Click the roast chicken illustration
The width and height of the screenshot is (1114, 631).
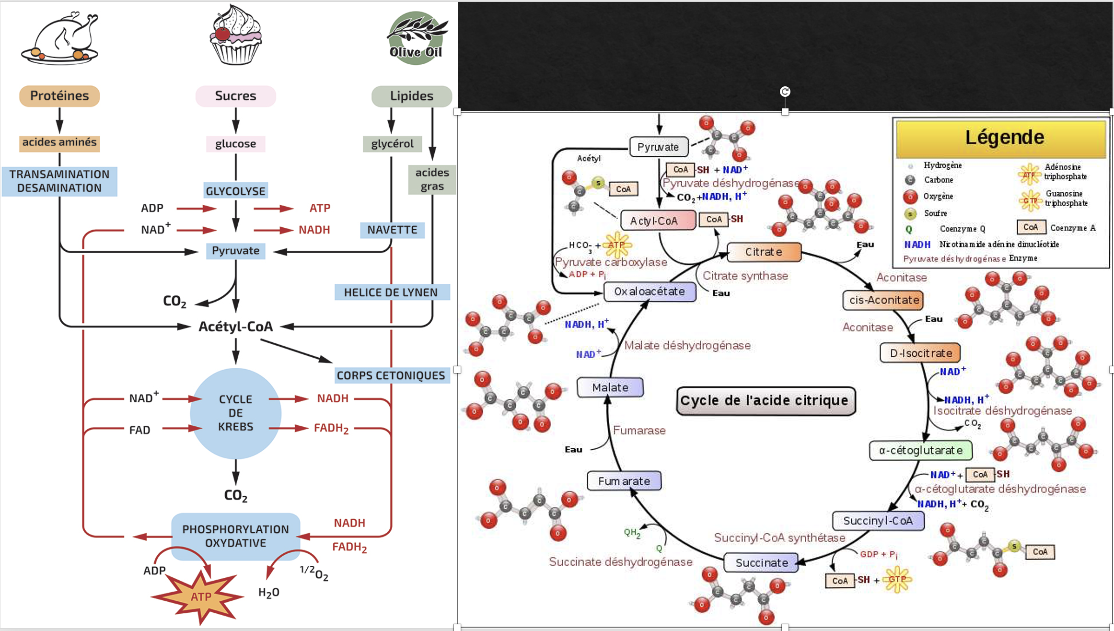[60, 38]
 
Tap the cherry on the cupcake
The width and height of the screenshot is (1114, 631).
[222, 34]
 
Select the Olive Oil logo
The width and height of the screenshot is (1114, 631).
[416, 38]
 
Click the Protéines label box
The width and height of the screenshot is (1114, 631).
[59, 96]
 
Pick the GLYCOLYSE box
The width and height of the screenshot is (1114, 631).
[235, 191]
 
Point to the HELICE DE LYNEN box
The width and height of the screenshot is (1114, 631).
[391, 292]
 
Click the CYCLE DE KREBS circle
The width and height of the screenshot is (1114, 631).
[235, 413]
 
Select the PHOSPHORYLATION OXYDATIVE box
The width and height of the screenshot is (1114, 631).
[235, 536]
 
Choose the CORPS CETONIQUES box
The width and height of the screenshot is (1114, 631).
[391, 375]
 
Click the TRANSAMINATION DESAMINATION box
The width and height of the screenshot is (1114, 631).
[59, 181]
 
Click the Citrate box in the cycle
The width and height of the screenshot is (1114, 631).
[764, 252]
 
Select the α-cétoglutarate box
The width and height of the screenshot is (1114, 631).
[920, 450]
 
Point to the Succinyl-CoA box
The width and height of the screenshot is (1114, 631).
[878, 521]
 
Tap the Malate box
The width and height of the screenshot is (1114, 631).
[610, 387]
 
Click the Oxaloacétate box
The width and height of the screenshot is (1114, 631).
[650, 292]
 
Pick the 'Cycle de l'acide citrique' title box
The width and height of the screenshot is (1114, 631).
[766, 400]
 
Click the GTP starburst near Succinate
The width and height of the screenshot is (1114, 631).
[896, 579]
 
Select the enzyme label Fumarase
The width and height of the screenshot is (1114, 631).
[639, 431]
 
